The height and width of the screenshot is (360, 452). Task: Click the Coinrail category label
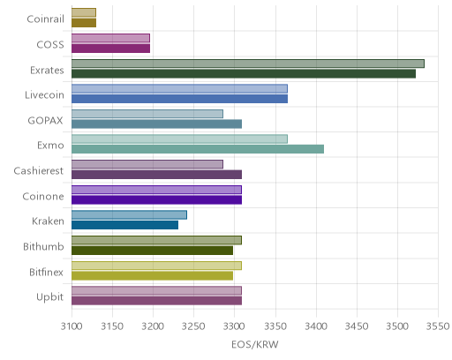coord(45,19)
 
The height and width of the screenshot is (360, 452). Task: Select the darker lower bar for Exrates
coord(244,74)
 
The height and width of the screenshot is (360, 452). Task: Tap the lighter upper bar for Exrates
coord(248,64)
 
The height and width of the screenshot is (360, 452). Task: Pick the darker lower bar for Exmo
coord(198,149)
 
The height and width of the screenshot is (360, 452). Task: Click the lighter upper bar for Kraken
coord(129,215)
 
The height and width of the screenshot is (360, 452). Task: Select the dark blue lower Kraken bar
coord(124,225)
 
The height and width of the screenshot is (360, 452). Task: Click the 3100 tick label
coord(72,326)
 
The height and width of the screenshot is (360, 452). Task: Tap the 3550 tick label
coord(438,326)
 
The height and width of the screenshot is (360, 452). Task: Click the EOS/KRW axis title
coord(255,344)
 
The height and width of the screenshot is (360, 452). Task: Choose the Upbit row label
coord(49,297)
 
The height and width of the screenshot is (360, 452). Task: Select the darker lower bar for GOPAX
coord(156,124)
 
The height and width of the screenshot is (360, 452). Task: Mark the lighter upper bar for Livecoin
coord(179,89)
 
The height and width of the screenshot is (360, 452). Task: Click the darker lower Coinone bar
coord(156,200)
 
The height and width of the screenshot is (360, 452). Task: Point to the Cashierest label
coord(39,171)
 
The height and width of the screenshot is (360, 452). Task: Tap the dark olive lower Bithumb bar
coord(152,251)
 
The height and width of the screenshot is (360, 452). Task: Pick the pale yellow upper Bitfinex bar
coord(156,266)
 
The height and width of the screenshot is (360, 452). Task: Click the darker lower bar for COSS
coord(110,49)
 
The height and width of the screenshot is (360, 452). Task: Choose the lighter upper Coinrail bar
coord(84,12)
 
